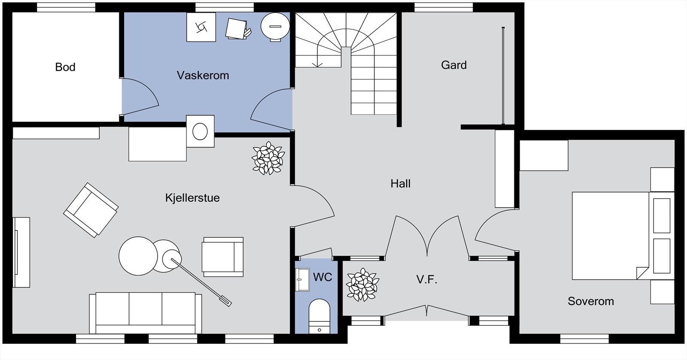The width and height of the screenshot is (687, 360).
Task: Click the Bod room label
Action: coord(65,67)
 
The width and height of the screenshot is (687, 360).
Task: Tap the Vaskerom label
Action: coord(203,76)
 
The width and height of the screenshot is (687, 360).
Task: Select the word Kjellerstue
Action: coord(192,198)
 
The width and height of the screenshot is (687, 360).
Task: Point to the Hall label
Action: coord(400,184)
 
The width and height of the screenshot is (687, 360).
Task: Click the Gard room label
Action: coord(453,65)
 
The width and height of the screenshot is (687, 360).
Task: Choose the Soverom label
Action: coord(591,301)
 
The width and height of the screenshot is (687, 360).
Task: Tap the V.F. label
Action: coord(427,279)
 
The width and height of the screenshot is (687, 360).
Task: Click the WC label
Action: coord(322,277)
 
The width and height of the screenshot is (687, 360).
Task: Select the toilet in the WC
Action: coord(319,316)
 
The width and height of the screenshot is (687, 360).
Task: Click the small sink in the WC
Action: coord(302,279)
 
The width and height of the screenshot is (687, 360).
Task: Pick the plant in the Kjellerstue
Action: coord(268,158)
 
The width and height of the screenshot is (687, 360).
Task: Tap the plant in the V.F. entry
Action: coord(362,284)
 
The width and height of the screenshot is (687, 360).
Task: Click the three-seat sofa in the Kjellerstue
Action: coord(146,312)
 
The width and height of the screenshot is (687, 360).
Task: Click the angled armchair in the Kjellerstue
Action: coord(91,210)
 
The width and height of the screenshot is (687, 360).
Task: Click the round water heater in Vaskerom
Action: coord(275,26)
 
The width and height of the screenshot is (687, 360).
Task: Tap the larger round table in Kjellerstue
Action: coord(138,256)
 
